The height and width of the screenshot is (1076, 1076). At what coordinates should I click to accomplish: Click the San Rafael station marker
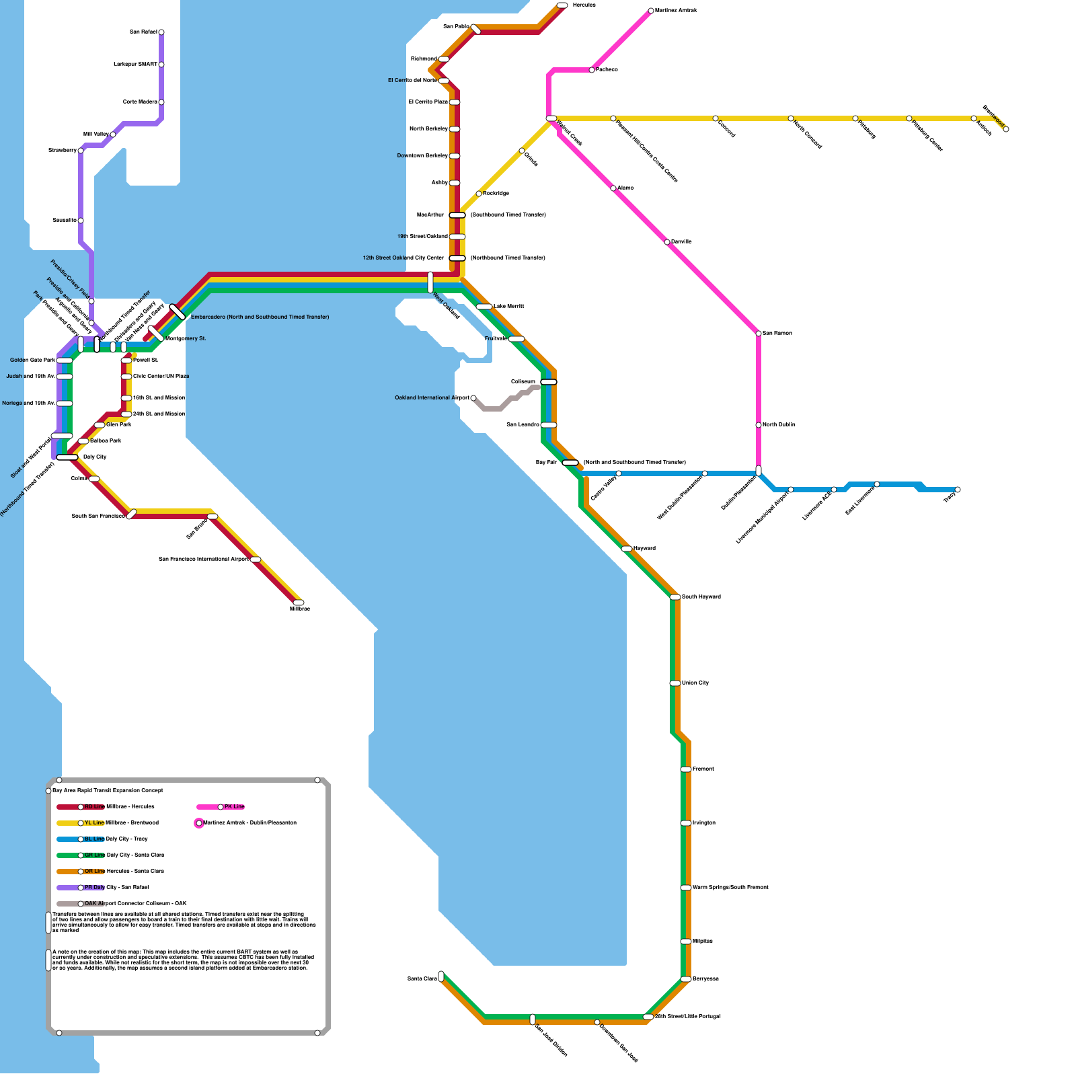pyautogui.click(x=161, y=32)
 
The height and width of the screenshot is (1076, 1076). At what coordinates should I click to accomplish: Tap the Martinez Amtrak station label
pyautogui.click(x=676, y=11)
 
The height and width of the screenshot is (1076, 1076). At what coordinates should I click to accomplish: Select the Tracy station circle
pyautogui.click(x=958, y=490)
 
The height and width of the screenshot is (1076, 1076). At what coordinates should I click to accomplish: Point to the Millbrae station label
pyautogui.click(x=300, y=609)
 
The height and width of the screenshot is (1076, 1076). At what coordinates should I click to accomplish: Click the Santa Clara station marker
pyautogui.click(x=441, y=976)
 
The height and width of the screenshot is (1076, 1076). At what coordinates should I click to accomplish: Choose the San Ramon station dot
pyautogui.click(x=759, y=334)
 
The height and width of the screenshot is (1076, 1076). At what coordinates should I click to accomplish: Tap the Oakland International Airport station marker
pyautogui.click(x=473, y=398)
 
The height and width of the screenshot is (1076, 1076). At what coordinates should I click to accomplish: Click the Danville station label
pyautogui.click(x=681, y=242)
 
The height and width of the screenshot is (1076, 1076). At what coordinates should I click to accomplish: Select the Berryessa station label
pyautogui.click(x=705, y=979)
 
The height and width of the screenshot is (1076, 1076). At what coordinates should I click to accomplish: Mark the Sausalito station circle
pyautogui.click(x=81, y=221)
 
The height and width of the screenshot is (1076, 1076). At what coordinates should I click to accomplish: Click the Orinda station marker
pyautogui.click(x=522, y=151)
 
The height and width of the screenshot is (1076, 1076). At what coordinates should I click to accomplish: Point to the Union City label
pyautogui.click(x=695, y=683)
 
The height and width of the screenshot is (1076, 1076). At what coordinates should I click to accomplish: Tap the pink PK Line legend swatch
pyautogui.click(x=208, y=807)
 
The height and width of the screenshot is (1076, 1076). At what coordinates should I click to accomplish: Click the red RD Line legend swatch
pyautogui.click(x=69, y=807)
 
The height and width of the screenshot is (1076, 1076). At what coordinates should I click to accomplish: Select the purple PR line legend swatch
pyautogui.click(x=69, y=888)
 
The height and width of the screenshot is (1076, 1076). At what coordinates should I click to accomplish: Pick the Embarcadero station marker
pyautogui.click(x=178, y=312)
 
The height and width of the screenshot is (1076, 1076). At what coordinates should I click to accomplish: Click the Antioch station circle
pyautogui.click(x=974, y=118)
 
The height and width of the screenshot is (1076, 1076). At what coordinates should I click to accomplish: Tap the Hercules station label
pyautogui.click(x=584, y=5)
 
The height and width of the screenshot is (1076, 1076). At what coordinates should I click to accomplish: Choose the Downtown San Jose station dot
pyautogui.click(x=597, y=1022)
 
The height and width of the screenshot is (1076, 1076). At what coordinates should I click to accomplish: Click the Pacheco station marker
pyautogui.click(x=592, y=70)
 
